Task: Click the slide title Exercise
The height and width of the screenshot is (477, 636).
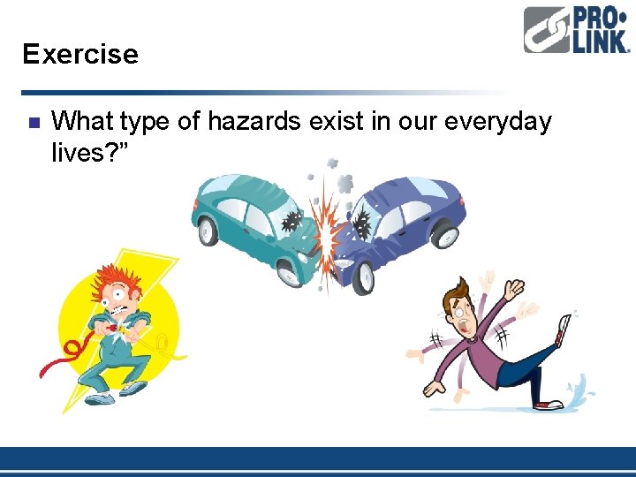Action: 80,55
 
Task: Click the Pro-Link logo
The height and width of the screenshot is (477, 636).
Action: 575,31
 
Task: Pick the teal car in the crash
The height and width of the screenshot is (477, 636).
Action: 252,221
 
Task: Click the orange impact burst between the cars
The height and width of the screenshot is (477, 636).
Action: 330,234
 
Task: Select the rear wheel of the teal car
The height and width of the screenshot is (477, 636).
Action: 208,231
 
